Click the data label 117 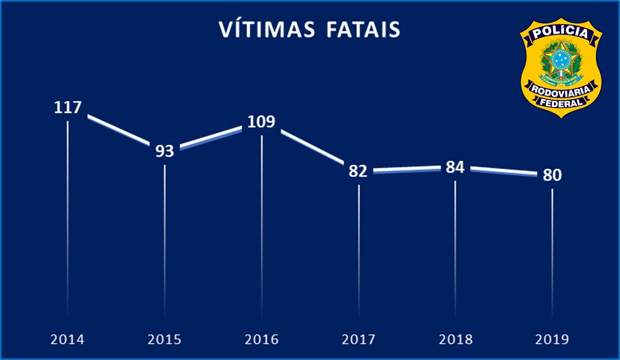(67, 108)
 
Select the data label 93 (164, 151)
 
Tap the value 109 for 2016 (261, 122)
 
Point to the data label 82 (358, 171)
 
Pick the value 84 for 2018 (455, 168)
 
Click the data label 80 (552, 175)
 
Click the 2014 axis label (67, 339)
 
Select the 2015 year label (164, 339)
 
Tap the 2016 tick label (261, 339)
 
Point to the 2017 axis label (358, 339)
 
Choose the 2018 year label (455, 339)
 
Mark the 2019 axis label (552, 339)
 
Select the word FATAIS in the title (361, 30)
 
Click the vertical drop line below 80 (552, 254)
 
